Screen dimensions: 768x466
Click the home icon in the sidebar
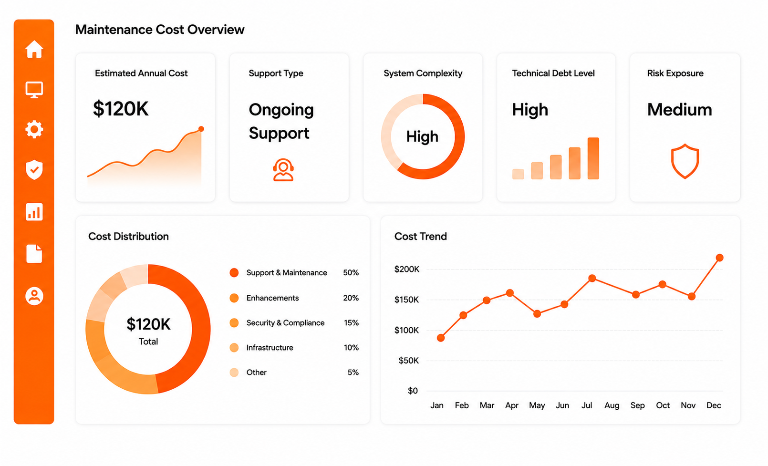[34, 49]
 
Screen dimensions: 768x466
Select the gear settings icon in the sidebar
[34, 129]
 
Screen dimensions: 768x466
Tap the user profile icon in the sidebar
[34, 296]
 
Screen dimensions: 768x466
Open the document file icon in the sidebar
[34, 254]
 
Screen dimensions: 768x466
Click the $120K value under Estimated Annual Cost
[121, 109]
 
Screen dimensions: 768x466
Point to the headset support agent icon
[283, 169]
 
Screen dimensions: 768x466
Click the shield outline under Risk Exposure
[685, 161]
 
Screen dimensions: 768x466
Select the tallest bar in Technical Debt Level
[593, 158]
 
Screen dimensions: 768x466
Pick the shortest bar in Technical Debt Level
[518, 174]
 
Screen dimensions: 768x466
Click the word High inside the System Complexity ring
[423, 136]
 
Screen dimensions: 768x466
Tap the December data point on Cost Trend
[720, 258]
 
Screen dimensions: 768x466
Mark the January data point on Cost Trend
[441, 338]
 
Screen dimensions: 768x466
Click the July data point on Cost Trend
[592, 278]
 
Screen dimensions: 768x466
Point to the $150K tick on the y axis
[406, 300]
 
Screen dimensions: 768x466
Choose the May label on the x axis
[537, 405]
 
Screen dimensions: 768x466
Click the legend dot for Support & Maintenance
[234, 273]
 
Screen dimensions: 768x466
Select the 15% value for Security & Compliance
[351, 322]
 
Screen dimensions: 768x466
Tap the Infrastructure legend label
[270, 348]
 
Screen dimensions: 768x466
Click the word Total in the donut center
[148, 342]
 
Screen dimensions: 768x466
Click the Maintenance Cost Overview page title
[160, 30]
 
